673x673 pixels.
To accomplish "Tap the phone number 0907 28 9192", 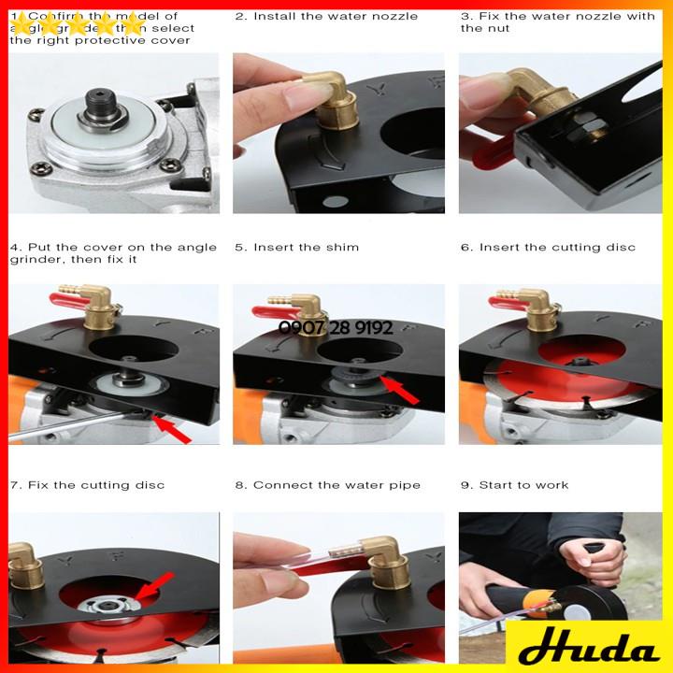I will pos(336,328).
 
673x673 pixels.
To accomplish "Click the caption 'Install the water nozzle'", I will pos(326,17).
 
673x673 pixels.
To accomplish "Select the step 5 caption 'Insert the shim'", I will pos(296,248).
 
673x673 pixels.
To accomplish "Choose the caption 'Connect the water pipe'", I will pos(327,485).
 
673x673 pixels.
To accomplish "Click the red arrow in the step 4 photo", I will pos(173,431).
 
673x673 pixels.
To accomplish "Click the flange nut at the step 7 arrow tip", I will pos(117,606).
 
